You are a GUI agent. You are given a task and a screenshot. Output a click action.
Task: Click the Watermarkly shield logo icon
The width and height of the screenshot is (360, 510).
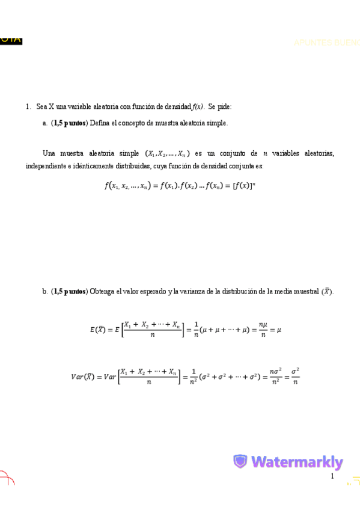pyautogui.click(x=240, y=462)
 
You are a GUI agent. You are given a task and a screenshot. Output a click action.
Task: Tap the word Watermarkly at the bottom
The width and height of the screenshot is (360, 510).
pyautogui.click(x=297, y=462)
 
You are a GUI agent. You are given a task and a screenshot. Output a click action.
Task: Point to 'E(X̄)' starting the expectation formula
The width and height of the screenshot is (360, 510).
pyautogui.click(x=98, y=329)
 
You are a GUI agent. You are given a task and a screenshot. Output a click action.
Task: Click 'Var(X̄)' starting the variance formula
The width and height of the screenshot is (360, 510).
pyautogui.click(x=82, y=377)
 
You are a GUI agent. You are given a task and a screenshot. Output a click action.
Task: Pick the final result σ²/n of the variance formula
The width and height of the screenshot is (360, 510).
pyautogui.click(x=295, y=377)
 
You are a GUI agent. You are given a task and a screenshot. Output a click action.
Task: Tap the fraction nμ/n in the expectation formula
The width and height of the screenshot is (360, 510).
pyautogui.click(x=263, y=329)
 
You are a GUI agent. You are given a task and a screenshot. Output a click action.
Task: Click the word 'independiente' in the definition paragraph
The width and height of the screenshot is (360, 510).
pyautogui.click(x=46, y=165)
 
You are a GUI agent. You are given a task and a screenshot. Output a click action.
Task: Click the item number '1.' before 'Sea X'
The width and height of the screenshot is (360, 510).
pyautogui.click(x=28, y=106)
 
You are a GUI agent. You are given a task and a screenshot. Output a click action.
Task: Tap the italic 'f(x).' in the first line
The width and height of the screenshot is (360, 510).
pyautogui.click(x=199, y=106)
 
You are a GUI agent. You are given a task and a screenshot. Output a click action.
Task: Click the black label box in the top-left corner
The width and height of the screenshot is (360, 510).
pyautogui.click(x=11, y=40)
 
